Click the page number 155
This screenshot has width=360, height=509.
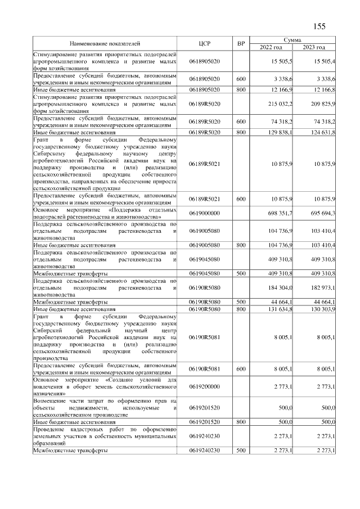click(319, 26)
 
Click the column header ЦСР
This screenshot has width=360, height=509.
click(204, 43)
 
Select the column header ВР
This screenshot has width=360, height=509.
click(241, 43)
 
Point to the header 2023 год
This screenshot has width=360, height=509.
click(314, 47)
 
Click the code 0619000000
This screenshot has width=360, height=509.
click(204, 214)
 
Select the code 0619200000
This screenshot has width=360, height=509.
click(204, 388)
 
